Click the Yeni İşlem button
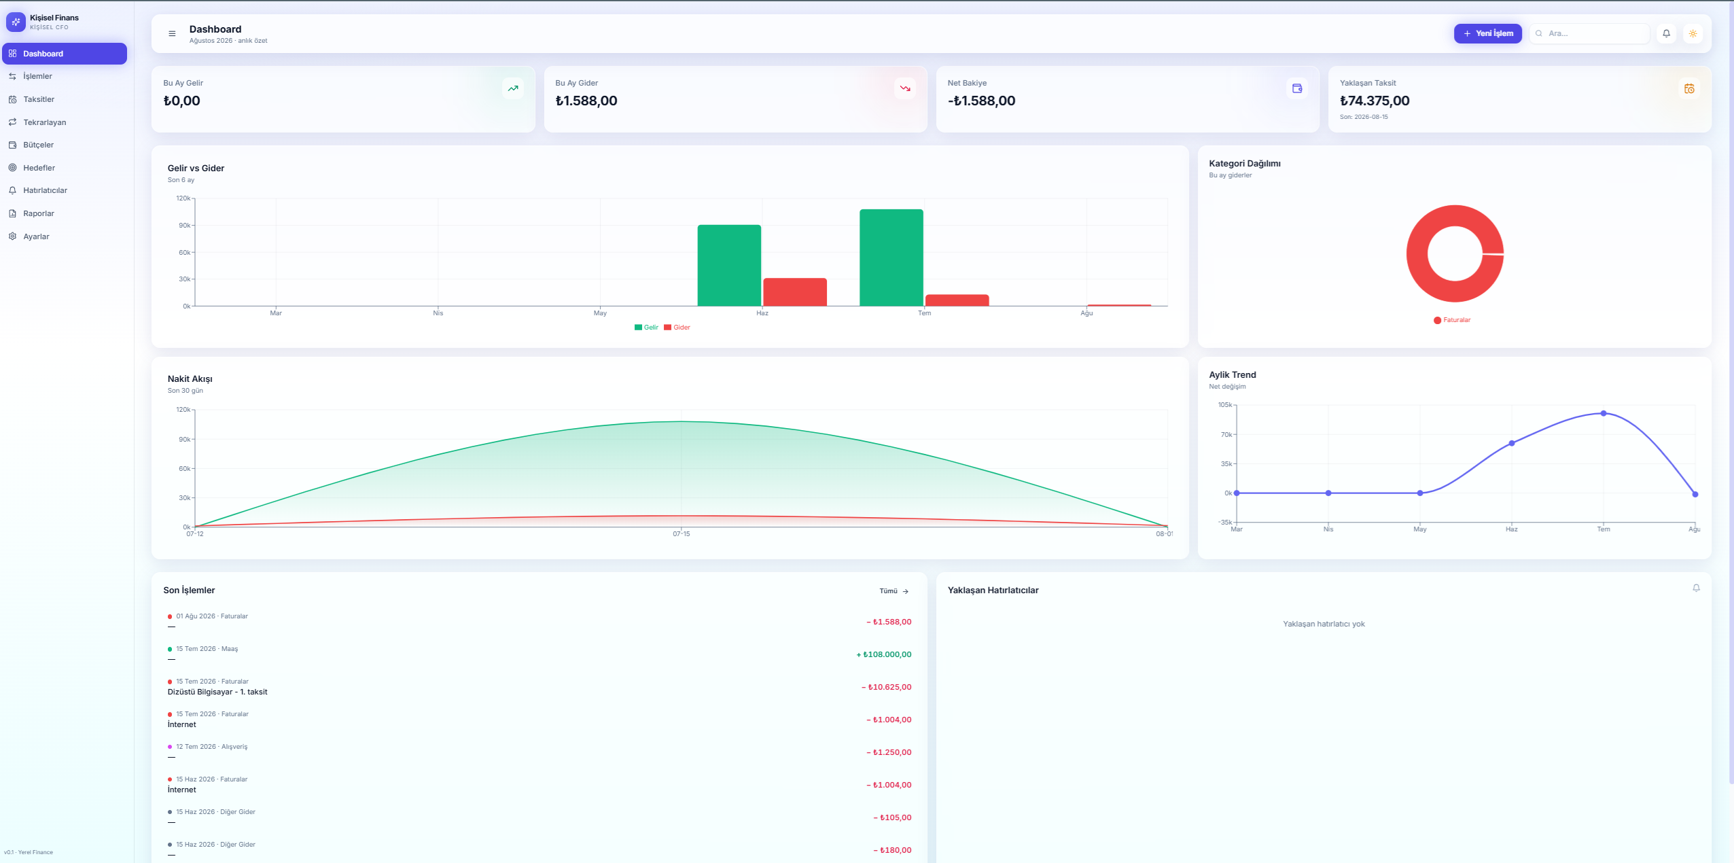[x=1487, y=33]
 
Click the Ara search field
[x=1589, y=33]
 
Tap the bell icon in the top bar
[x=1666, y=33]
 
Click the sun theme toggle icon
[x=1693, y=33]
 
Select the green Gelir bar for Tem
[x=891, y=258]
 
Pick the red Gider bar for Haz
[x=795, y=292]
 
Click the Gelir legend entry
[x=646, y=328]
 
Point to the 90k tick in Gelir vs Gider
[x=185, y=225]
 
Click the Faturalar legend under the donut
[x=1452, y=320]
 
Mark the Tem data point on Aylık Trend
[x=1604, y=413]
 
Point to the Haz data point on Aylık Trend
[x=1512, y=443]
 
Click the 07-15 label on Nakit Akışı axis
[x=682, y=534]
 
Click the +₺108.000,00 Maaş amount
[x=884, y=654]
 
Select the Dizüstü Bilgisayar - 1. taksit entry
[x=217, y=692]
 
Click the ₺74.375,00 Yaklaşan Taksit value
[x=1375, y=101]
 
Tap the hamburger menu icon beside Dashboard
[x=172, y=33]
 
